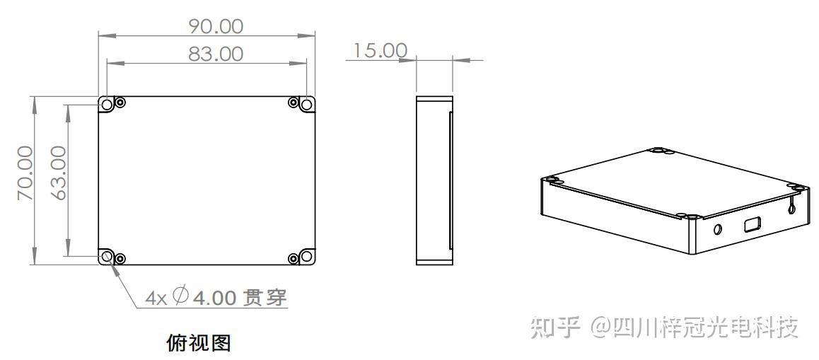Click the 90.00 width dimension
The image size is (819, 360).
tap(215, 26)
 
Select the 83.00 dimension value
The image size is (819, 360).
tap(215, 54)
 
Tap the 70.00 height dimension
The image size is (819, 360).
tap(25, 173)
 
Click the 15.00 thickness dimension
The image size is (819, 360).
tap(381, 51)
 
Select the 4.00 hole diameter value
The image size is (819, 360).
tap(214, 298)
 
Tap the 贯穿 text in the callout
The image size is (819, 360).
tap(265, 298)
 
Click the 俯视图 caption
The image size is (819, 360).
tap(198, 344)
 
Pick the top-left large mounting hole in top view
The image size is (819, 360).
tap(108, 105)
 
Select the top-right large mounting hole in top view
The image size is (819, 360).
tap(306, 105)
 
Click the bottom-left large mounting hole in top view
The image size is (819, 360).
tap(108, 256)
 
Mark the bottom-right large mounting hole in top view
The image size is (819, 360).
tap(306, 256)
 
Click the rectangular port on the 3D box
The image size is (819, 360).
tap(751, 226)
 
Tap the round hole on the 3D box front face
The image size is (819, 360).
tap(718, 229)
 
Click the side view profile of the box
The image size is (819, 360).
tap(434, 180)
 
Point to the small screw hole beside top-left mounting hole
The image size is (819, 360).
tap(120, 103)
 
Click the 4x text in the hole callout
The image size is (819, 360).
tap(156, 298)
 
